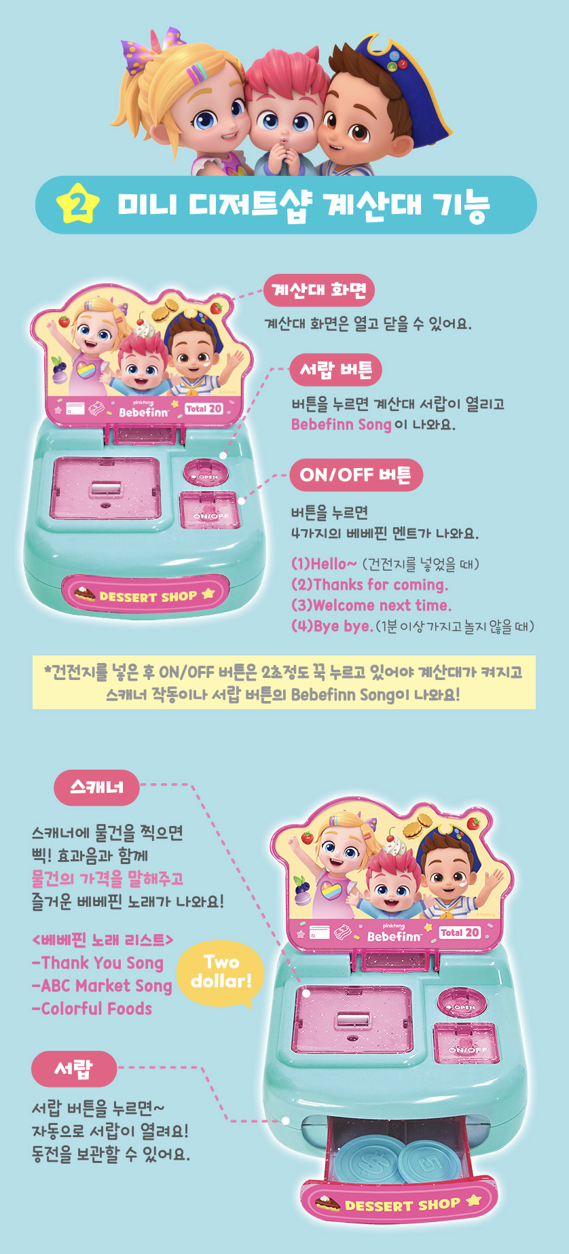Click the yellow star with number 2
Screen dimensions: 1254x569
(78, 203)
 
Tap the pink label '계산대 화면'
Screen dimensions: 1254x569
(318, 291)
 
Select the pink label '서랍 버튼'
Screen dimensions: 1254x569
(335, 370)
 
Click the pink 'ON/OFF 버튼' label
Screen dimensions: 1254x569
(356, 475)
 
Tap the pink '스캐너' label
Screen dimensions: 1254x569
(96, 787)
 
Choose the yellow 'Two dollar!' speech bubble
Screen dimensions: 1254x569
(221, 972)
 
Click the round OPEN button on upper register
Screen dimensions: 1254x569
(205, 473)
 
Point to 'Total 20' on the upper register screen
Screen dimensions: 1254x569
(204, 408)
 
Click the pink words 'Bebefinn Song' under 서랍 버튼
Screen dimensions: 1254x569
(341, 425)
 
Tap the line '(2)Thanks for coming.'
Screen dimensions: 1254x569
(369, 585)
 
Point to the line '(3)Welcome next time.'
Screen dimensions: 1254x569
(371, 605)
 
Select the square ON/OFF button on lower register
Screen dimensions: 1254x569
(466, 1043)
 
